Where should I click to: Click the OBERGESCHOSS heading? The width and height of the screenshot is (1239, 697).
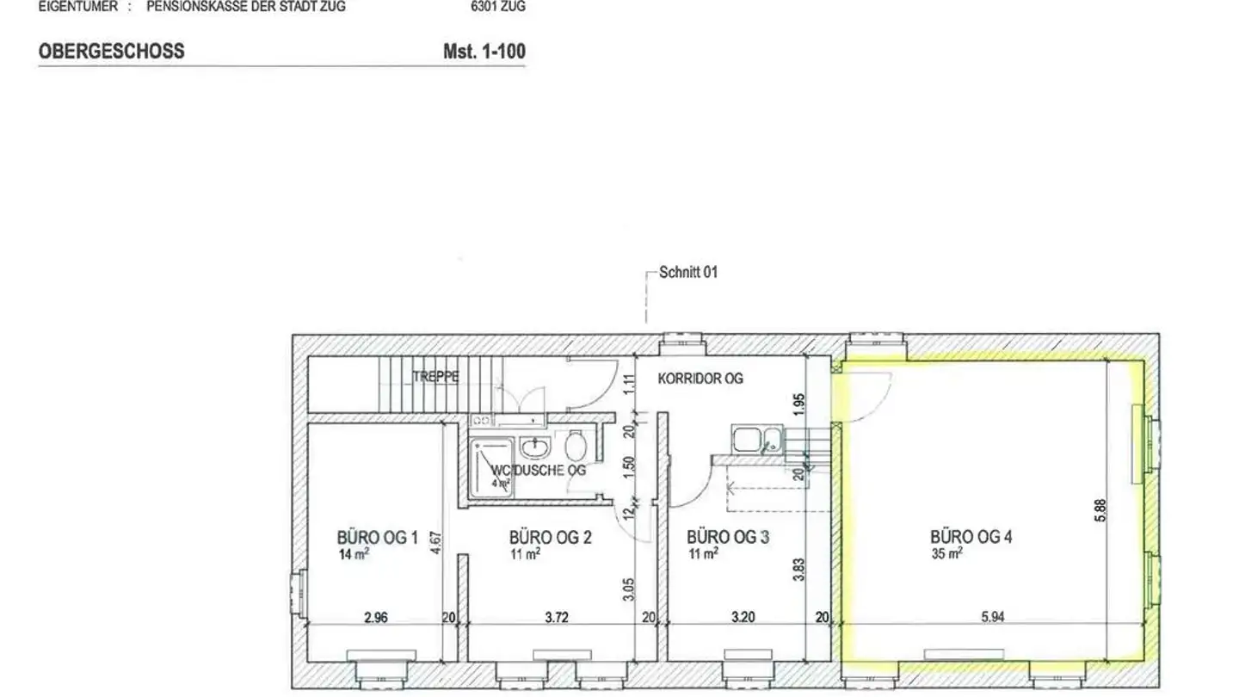click(x=111, y=52)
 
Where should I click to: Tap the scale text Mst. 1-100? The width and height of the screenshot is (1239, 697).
click(x=484, y=52)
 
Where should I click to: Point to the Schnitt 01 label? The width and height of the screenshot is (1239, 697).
click(x=687, y=273)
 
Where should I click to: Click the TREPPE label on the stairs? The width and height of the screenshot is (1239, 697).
click(x=435, y=377)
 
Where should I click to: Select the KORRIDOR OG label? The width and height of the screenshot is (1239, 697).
click(x=700, y=378)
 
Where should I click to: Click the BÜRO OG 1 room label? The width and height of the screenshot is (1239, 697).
click(x=377, y=539)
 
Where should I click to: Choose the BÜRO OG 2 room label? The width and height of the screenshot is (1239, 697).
click(x=550, y=538)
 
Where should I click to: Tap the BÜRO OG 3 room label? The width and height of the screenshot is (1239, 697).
click(x=728, y=538)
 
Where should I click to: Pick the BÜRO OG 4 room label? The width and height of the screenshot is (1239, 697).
click(x=971, y=538)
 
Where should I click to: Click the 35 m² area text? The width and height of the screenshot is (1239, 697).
click(x=946, y=554)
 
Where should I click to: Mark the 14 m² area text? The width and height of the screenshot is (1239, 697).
click(x=354, y=555)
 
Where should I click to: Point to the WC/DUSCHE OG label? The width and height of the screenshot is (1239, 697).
click(x=539, y=471)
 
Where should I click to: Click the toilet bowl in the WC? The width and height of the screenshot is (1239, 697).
click(x=577, y=446)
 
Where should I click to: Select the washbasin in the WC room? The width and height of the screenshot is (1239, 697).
click(x=535, y=447)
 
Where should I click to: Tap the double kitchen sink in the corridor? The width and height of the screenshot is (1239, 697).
click(x=757, y=439)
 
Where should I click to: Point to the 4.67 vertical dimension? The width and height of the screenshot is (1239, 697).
click(x=436, y=544)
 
